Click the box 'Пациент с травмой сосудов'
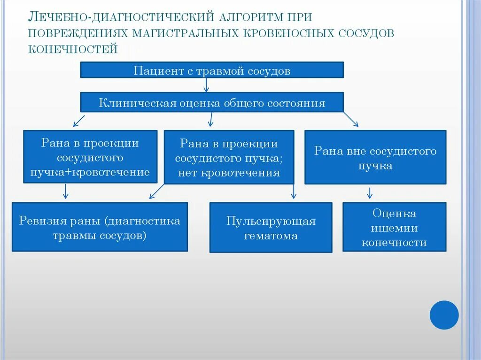click(212, 70)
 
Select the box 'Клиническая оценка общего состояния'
click(212, 102)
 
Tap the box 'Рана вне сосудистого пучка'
click(375, 157)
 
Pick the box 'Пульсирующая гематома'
click(271, 228)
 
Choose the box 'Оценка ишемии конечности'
click(394, 227)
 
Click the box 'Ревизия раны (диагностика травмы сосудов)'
click(100, 227)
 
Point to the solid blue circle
click(444, 315)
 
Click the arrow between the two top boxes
click(206, 85)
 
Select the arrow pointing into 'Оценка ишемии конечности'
click(370, 192)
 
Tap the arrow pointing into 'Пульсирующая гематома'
click(294, 191)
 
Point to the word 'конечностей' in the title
click(73, 49)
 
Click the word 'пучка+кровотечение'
click(90, 172)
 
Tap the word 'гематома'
click(271, 236)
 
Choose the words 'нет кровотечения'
click(229, 173)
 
